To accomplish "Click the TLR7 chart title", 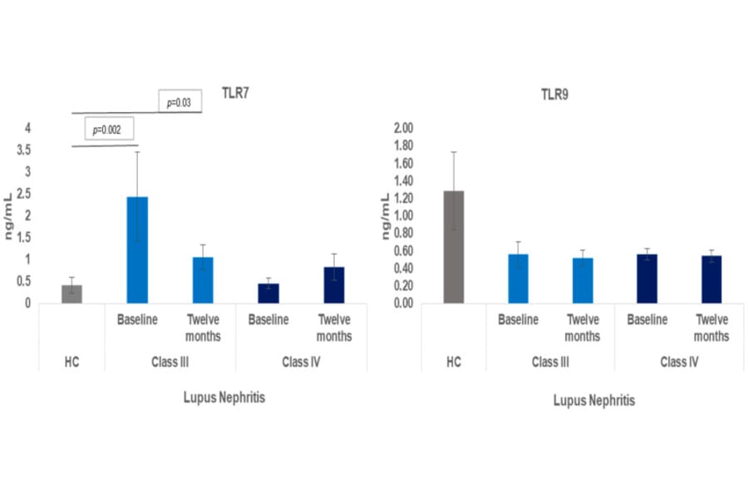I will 235,92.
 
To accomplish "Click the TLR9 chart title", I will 554,95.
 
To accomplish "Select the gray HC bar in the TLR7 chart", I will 71,294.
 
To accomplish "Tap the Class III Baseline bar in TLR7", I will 137,250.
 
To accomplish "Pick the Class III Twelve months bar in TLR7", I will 203,280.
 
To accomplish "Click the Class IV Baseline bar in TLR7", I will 268,294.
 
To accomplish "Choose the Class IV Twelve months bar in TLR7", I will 334,285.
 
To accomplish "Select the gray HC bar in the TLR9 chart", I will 453,247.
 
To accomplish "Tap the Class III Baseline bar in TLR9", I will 519,279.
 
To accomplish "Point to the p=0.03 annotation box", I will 179,102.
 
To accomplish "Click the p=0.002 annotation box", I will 109,130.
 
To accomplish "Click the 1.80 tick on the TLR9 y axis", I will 401,146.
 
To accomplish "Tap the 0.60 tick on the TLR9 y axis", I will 401,250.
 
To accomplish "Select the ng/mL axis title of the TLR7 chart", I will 10,215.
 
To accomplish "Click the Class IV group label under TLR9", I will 679,363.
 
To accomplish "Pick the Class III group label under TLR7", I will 170,363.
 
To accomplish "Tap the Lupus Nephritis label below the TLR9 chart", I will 594,400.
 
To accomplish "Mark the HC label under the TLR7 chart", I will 71,363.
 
